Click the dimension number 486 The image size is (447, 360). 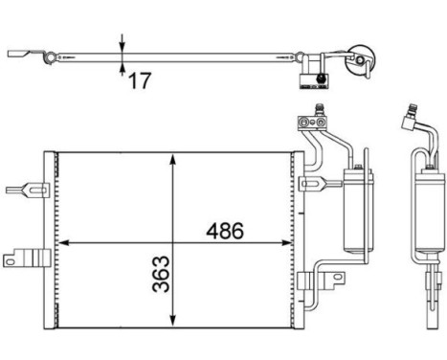[x=223, y=231]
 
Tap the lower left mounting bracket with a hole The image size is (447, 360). [x=26, y=257]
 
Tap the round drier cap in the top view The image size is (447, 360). [x=361, y=60]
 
